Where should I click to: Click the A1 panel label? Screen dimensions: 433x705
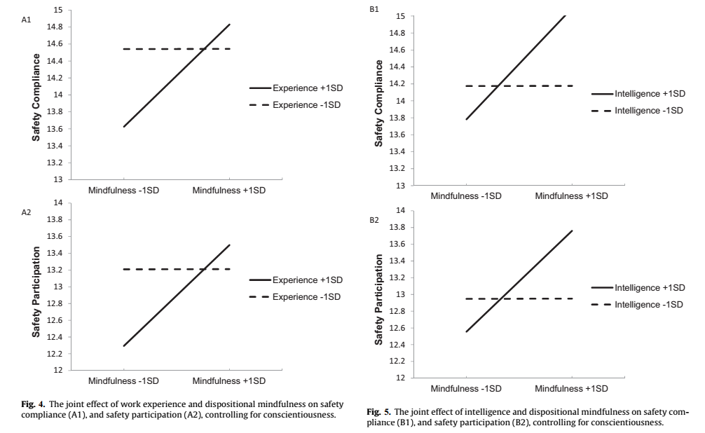(x=27, y=22)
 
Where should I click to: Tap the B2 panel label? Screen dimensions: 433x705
(x=374, y=221)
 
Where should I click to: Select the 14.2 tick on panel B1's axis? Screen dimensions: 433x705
(x=397, y=84)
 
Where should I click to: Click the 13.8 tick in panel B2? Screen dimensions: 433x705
(x=397, y=228)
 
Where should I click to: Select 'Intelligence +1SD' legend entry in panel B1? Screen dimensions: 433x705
(x=649, y=93)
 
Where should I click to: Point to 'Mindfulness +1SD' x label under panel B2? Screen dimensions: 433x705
(x=571, y=388)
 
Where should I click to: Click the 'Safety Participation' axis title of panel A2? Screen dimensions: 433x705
(x=36, y=287)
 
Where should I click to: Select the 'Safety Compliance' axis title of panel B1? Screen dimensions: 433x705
(x=379, y=103)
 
